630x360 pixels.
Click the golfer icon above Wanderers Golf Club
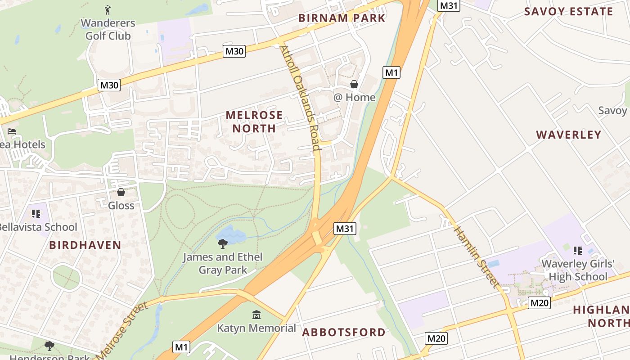click(x=108, y=9)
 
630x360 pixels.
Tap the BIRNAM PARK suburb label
click(x=342, y=18)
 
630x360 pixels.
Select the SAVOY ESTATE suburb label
click(x=568, y=12)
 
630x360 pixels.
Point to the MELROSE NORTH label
click(x=254, y=121)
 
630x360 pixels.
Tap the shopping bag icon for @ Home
click(x=354, y=84)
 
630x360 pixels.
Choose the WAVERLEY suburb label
click(x=569, y=135)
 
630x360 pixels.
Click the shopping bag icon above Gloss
click(x=121, y=193)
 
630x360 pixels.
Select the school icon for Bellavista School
click(x=36, y=214)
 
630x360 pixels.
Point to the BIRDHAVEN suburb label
click(x=85, y=245)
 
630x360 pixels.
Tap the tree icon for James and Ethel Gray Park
click(x=222, y=244)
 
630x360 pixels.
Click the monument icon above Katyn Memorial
click(x=256, y=315)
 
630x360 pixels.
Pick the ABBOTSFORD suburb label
click(x=344, y=333)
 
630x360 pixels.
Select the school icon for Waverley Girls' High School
click(x=578, y=250)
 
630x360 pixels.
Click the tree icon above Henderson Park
click(x=49, y=346)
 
